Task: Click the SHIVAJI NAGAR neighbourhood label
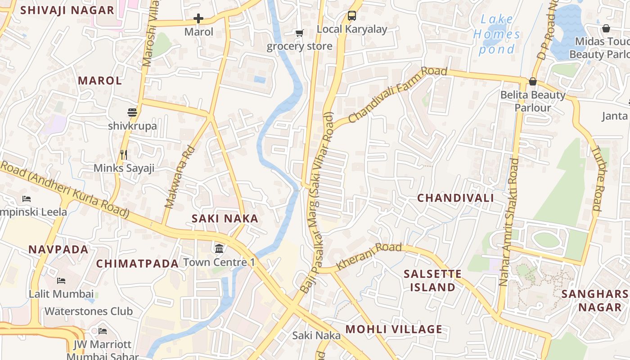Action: (67, 10)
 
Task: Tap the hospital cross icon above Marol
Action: (198, 18)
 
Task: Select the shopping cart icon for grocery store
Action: (299, 33)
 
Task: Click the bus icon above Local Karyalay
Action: (352, 16)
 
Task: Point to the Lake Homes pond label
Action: (496, 34)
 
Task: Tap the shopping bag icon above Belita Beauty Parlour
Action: (533, 81)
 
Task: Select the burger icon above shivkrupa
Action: (132, 112)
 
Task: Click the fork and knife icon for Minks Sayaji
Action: (124, 155)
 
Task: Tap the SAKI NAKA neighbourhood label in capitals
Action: (225, 219)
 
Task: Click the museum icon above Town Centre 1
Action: (219, 248)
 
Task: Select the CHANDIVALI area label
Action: (455, 198)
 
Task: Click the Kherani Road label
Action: (369, 256)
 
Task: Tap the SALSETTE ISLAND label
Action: (432, 280)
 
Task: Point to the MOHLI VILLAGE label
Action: (394, 329)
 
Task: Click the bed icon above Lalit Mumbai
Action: (61, 281)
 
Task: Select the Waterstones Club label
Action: (89, 311)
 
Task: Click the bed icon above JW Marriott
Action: (103, 331)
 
